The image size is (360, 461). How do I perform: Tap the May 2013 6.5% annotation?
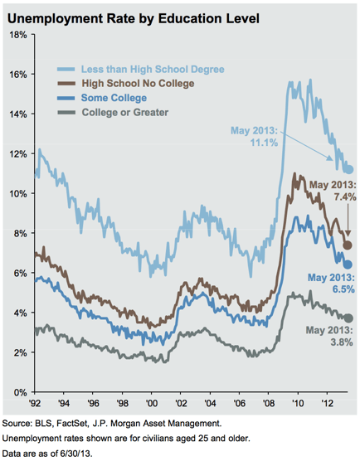point(331,283)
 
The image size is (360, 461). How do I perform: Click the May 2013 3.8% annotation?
point(331,336)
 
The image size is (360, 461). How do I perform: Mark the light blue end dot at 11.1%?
point(348,169)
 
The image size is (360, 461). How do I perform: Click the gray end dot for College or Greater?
point(348,318)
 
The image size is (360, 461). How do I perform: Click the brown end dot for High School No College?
point(348,245)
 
